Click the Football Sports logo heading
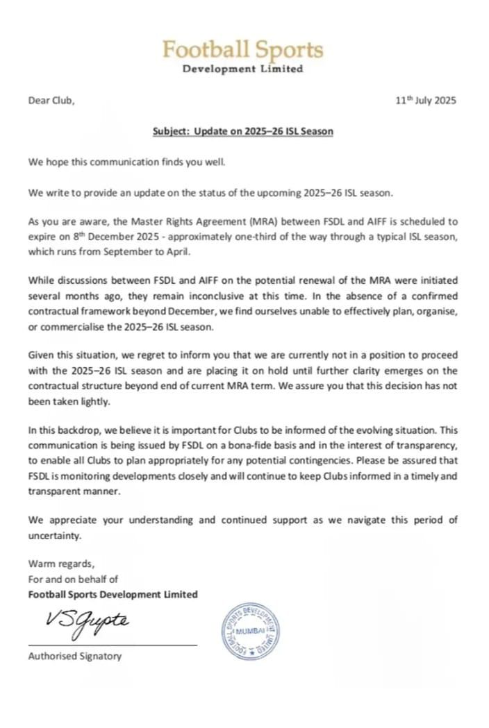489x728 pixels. tap(243, 49)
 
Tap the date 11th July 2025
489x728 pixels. tap(425, 100)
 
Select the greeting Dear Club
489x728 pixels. tap(51, 101)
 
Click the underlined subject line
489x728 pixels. tap(242, 131)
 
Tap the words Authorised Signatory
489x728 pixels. tap(74, 656)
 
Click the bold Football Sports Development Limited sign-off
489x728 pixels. tap(113, 594)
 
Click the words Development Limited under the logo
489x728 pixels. tap(242, 69)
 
